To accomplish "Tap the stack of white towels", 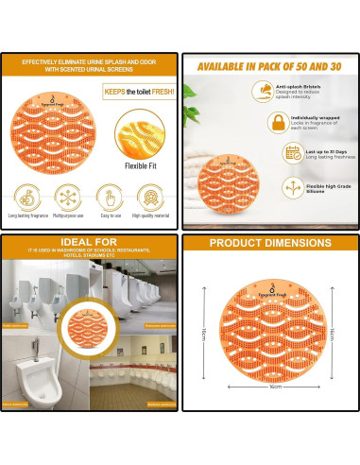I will coord(204,188).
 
